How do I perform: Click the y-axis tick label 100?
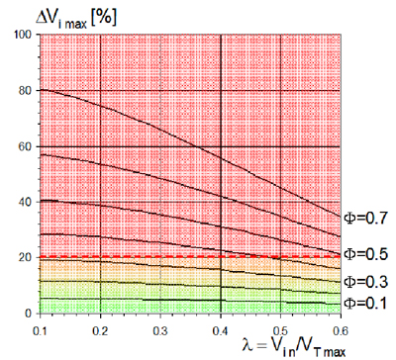pyautogui.click(x=23, y=35)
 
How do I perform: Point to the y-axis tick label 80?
pyautogui.click(x=26, y=91)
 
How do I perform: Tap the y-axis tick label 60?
pyautogui.click(x=26, y=146)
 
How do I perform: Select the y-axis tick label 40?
pyautogui.click(x=26, y=202)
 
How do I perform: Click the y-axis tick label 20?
pyautogui.click(x=26, y=257)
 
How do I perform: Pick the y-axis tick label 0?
pyautogui.click(x=29, y=313)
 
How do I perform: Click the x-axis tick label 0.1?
pyautogui.click(x=40, y=330)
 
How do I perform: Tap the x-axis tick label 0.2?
pyautogui.click(x=100, y=330)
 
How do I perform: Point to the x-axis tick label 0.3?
pyautogui.click(x=160, y=330)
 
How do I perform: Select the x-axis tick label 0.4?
pyautogui.click(x=220, y=330)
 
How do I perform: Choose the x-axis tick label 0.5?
pyautogui.click(x=280, y=330)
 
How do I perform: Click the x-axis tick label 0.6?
pyautogui.click(x=341, y=330)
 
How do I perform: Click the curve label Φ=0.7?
pyautogui.click(x=365, y=218)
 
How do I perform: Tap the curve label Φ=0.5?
pyautogui.click(x=365, y=254)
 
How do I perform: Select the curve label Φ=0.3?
pyautogui.click(x=365, y=282)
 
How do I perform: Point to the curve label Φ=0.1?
pyautogui.click(x=365, y=303)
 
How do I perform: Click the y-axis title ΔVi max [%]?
pyautogui.click(x=76, y=19)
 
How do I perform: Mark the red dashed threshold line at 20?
pyautogui.click(x=190, y=256)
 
